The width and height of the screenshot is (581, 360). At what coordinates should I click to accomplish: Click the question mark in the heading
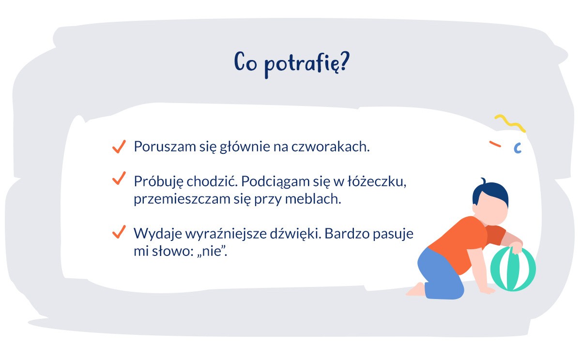tap(342, 63)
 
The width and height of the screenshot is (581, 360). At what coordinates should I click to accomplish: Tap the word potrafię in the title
tap(299, 66)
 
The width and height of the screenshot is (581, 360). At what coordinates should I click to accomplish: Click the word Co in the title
tap(245, 63)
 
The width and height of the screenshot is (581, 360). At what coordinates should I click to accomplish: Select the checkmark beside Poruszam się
tap(119, 146)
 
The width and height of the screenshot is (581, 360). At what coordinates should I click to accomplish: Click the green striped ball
tap(513, 269)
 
